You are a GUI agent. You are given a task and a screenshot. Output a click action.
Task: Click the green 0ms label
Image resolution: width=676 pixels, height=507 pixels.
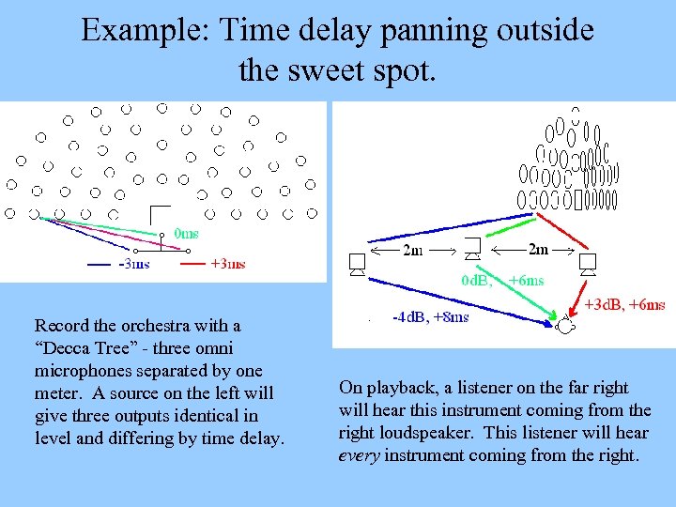tap(186, 234)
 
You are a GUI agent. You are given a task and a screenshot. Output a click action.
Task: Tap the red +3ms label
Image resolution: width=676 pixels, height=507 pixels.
tap(228, 264)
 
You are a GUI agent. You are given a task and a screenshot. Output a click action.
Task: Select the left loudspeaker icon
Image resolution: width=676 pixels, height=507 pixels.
tap(356, 264)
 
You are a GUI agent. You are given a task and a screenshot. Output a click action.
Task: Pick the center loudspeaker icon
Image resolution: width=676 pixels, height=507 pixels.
tap(472, 250)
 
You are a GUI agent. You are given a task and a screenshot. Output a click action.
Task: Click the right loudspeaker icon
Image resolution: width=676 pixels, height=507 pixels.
tap(589, 264)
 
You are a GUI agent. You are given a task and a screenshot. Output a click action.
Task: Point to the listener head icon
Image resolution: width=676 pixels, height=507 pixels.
tap(565, 326)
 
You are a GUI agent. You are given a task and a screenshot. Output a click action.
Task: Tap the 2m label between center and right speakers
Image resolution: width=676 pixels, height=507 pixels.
tap(538, 250)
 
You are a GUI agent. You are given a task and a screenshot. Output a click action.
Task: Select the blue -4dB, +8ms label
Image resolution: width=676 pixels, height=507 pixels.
tap(430, 317)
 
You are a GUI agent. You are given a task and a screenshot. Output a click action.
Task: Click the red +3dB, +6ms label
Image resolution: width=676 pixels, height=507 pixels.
tap(624, 304)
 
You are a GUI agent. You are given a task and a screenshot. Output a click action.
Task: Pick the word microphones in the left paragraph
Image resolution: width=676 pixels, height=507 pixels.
tap(80, 371)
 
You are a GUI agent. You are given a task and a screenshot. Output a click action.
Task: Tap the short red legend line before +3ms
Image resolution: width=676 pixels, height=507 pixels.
tap(192, 265)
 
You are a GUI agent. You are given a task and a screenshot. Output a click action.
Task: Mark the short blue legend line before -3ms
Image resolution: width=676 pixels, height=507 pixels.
tap(100, 265)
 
